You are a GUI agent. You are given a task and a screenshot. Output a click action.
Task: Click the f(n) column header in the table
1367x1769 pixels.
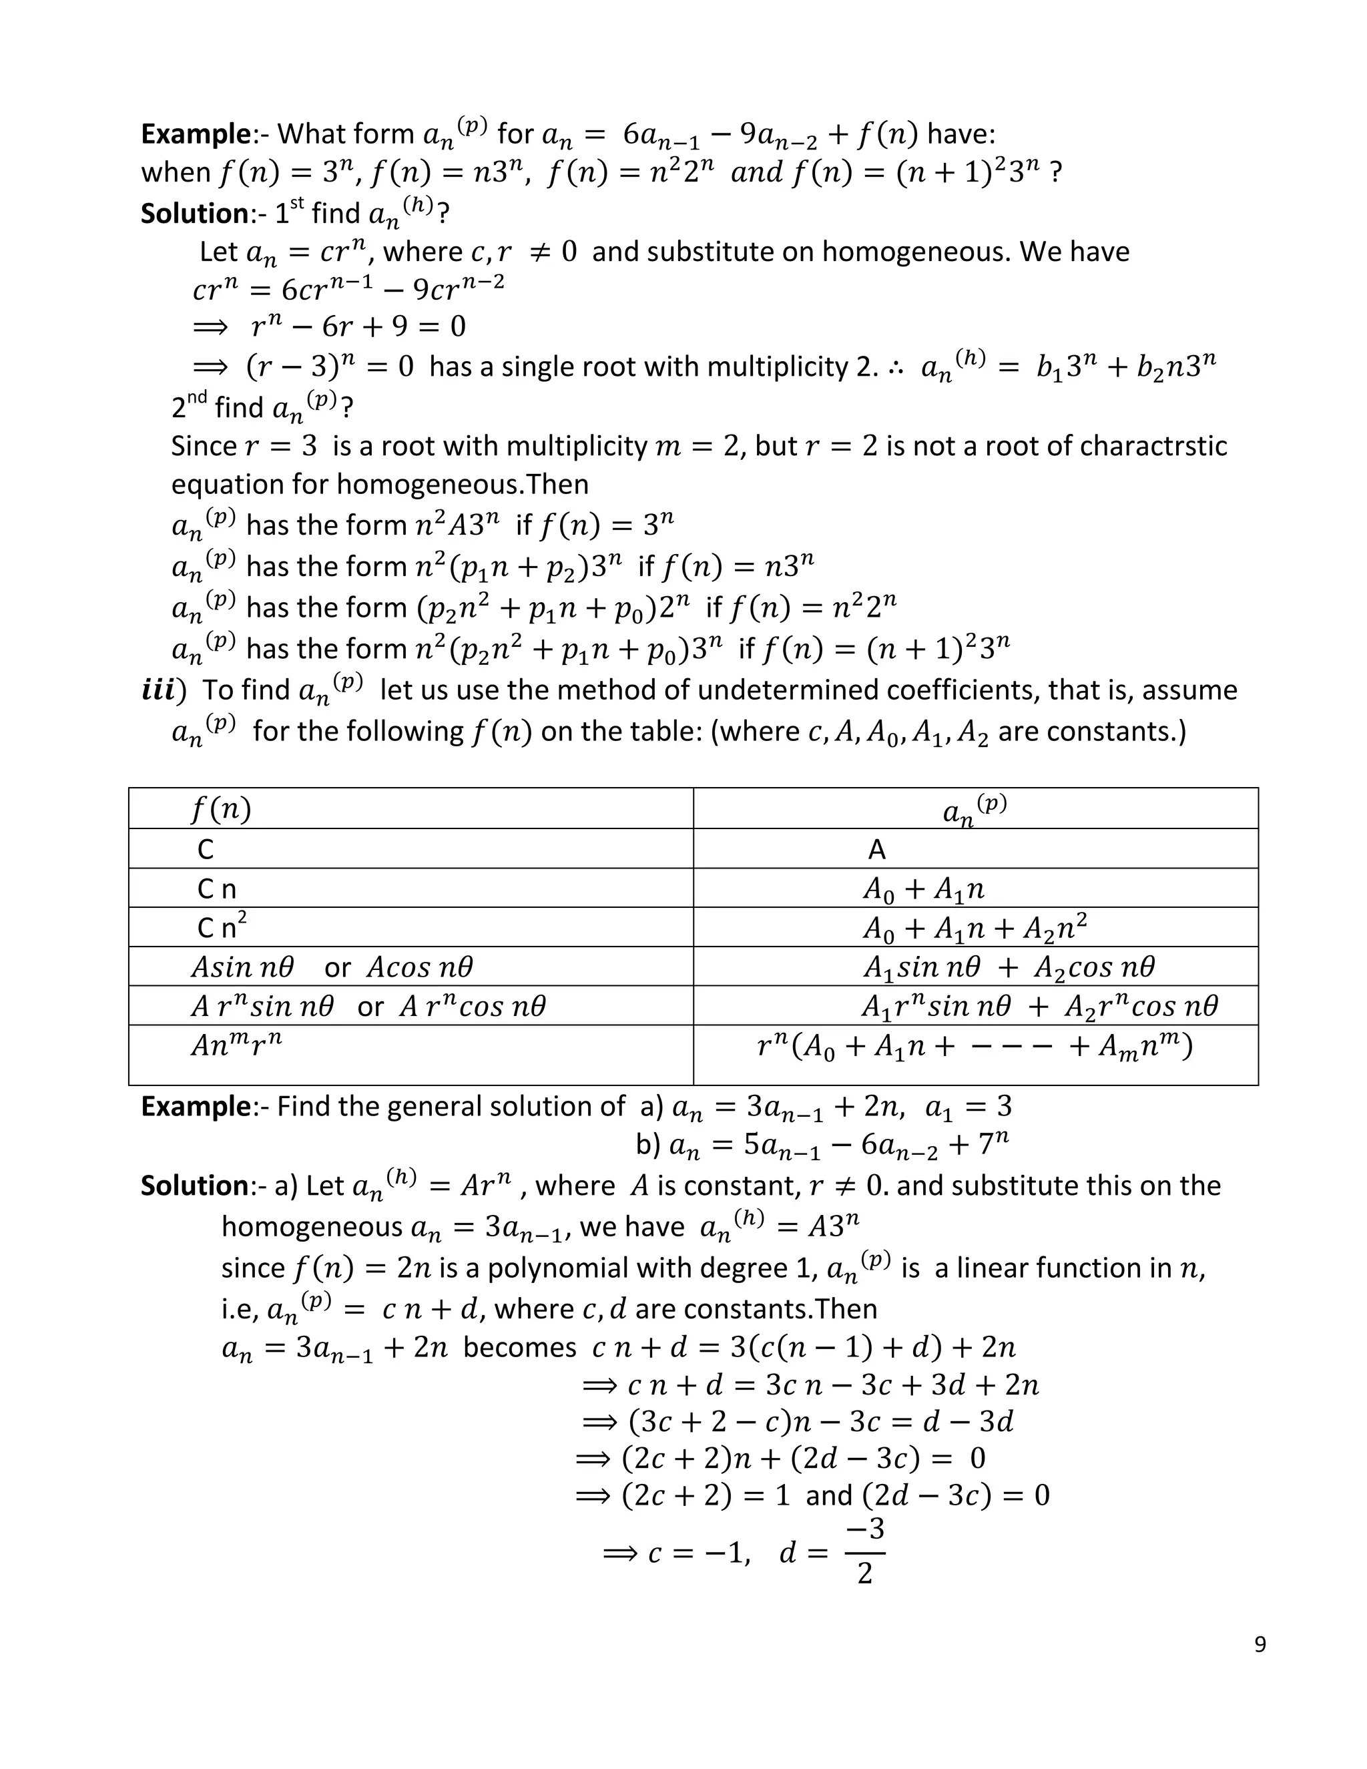(x=221, y=808)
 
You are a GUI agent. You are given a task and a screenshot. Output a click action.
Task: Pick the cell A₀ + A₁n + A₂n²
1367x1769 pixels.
(x=975, y=927)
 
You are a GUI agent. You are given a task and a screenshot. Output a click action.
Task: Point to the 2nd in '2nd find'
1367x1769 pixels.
(x=190, y=407)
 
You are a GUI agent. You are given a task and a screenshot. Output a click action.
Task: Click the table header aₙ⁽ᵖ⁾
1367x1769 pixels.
(x=975, y=808)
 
